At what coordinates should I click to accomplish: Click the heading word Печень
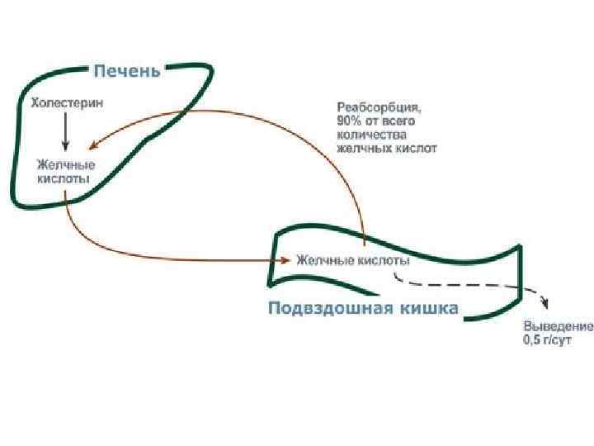[125, 70]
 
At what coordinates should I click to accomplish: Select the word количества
[372, 135]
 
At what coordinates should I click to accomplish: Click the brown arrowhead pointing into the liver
[92, 144]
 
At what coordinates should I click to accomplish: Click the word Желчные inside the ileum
[325, 260]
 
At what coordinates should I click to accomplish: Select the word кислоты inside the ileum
[384, 260]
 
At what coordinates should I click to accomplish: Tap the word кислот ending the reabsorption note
[417, 149]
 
